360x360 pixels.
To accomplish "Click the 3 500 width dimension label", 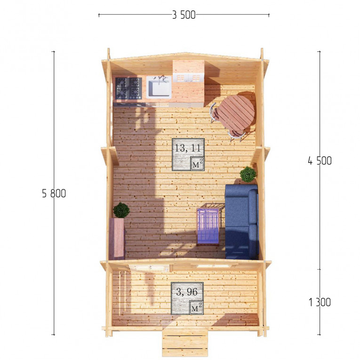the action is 184,15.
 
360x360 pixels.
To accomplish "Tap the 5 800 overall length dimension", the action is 54,193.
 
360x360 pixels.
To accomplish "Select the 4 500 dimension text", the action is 320,161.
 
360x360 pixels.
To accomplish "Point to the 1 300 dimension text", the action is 320,302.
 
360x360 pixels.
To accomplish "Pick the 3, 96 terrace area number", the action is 187,292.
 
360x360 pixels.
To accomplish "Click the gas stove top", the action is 128,88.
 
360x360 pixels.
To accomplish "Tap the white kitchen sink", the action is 159,87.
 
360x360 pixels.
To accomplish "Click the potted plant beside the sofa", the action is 248,175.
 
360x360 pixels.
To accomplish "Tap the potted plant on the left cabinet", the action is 121,210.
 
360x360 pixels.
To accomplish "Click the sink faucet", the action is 161,78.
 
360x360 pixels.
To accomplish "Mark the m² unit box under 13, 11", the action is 198,163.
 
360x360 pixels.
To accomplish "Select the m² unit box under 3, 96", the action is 196,307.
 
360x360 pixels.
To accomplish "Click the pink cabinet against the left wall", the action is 117,239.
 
